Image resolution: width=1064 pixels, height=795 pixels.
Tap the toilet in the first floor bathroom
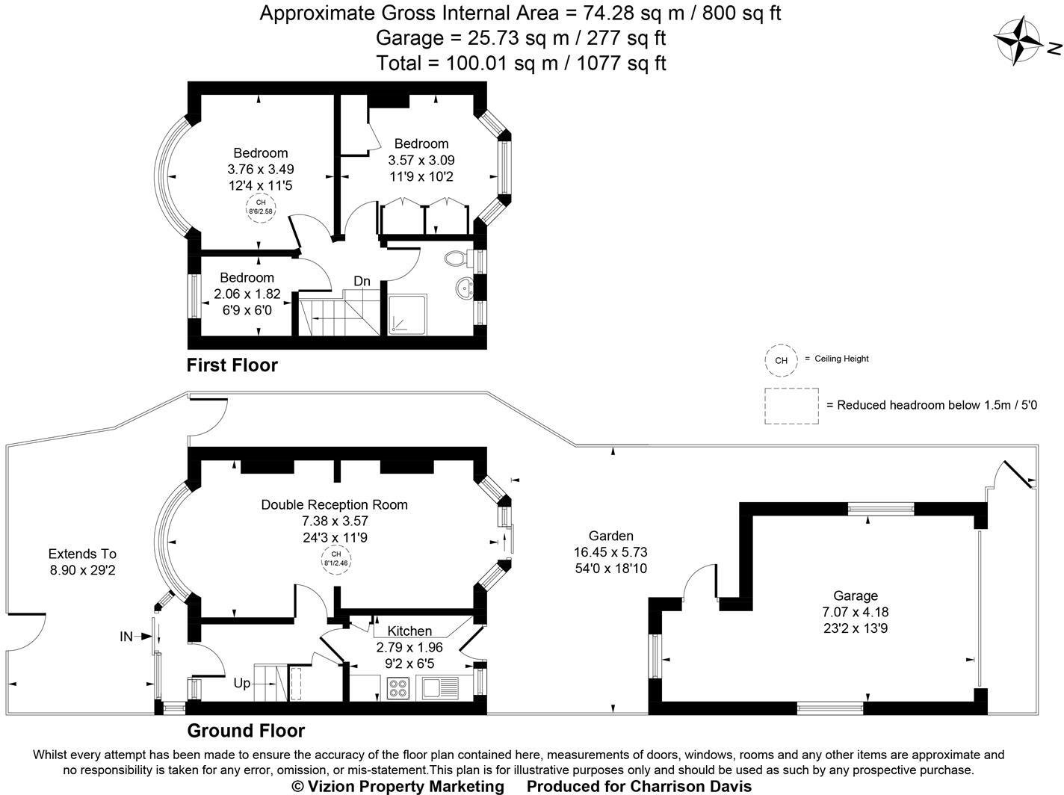click(457, 258)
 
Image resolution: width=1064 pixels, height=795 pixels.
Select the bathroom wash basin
click(465, 288)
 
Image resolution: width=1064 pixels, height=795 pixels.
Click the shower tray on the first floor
click(407, 314)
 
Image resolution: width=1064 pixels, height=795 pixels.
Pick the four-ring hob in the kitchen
click(398, 688)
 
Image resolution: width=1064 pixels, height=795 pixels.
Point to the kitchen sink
click(440, 688)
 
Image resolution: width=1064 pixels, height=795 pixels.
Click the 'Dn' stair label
click(362, 281)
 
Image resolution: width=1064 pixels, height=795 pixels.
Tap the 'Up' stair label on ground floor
click(242, 684)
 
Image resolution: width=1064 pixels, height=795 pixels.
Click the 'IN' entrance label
click(126, 637)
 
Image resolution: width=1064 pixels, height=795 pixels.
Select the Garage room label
click(856, 596)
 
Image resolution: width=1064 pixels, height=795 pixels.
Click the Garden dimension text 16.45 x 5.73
click(610, 552)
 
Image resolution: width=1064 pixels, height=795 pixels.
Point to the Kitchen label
click(409, 631)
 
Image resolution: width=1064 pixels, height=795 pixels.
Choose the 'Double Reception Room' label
click(335, 504)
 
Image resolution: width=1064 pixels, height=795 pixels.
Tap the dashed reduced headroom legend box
click(791, 406)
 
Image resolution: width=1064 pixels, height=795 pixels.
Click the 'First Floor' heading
click(232, 365)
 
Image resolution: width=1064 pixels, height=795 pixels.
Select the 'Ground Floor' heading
click(247, 731)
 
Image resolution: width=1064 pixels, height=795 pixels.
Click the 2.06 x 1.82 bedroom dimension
click(247, 294)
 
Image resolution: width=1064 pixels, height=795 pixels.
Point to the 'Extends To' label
click(82, 554)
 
